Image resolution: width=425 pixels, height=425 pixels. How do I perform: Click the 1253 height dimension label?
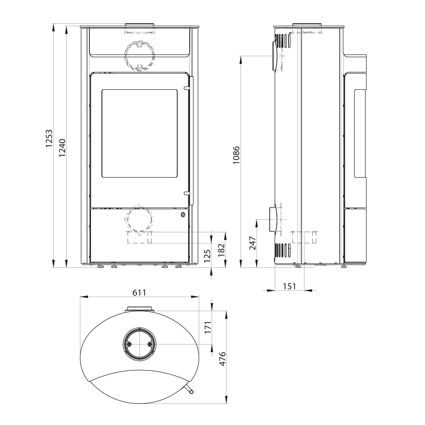pyautogui.click(x=49, y=139)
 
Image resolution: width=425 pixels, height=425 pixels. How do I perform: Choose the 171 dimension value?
pyautogui.click(x=208, y=328)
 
